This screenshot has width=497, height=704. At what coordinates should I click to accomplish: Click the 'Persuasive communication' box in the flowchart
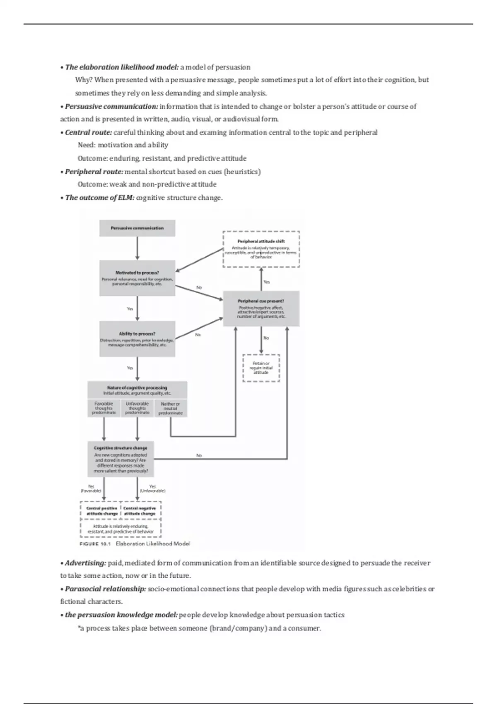coord(137,228)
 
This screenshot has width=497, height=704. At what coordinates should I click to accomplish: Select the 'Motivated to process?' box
coord(137,278)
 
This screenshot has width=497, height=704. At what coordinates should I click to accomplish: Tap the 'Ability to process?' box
coord(137,339)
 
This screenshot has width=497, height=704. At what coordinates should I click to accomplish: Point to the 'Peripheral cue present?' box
coord(261,309)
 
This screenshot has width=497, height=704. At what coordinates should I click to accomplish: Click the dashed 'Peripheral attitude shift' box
coord(261,249)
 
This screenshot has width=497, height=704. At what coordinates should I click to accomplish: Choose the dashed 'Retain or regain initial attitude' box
coord(261,368)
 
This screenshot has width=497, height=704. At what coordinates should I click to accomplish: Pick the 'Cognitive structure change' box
coord(121,459)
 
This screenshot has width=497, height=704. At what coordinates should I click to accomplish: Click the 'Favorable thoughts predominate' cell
coord(104,408)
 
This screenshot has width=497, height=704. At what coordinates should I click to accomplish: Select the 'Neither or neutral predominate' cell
coord(170,408)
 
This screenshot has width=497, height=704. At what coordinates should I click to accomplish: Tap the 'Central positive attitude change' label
coord(101,511)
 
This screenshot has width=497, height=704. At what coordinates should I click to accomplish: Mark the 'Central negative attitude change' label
coord(140,511)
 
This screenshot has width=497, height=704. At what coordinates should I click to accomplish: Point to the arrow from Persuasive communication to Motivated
coord(137,248)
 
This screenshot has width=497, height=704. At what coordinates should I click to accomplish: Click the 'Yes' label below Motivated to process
coord(130,309)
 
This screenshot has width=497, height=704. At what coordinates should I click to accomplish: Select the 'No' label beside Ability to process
coord(198,335)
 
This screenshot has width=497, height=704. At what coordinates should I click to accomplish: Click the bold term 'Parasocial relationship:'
coord(105,589)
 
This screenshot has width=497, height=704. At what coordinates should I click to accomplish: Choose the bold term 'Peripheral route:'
coord(94,171)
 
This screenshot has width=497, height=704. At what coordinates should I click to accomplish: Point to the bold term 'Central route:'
coord(88,133)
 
